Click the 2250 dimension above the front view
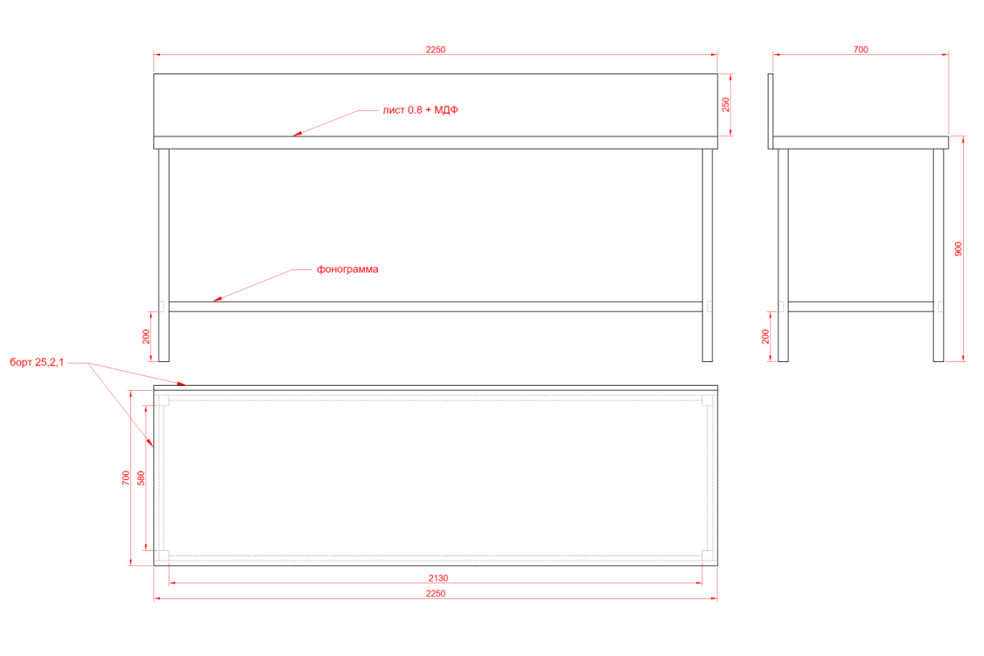pyautogui.click(x=436, y=50)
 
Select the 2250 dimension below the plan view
pyautogui.click(x=436, y=593)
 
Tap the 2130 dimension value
pyautogui.click(x=438, y=577)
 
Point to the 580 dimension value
pyautogui.click(x=142, y=478)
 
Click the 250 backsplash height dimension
pyautogui.click(x=725, y=105)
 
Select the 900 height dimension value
pyautogui.click(x=959, y=248)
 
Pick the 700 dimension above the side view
pyautogui.click(x=861, y=50)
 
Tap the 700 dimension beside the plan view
pyautogui.click(x=126, y=478)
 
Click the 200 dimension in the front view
pyautogui.click(x=146, y=336)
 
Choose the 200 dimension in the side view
pyautogui.click(x=766, y=336)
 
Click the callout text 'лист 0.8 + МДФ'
pyautogui.click(x=421, y=110)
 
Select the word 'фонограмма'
pyautogui.click(x=347, y=269)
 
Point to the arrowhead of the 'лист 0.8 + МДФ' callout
pyautogui.click(x=296, y=135)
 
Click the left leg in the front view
pyautogui.click(x=164, y=254)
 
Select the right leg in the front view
pyautogui.click(x=708, y=254)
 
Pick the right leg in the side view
pyautogui.click(x=939, y=254)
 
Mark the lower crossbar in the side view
pyautogui.click(x=861, y=306)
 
